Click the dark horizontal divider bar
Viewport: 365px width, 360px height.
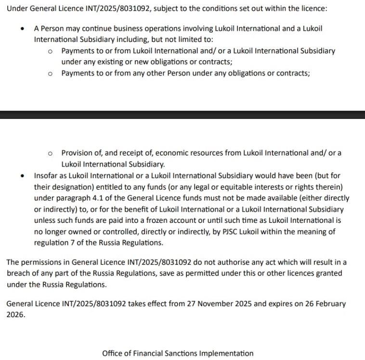pyautogui.click(x=182, y=115)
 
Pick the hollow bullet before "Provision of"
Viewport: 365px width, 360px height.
pyautogui.click(x=50, y=153)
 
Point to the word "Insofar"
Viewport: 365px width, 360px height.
pyautogui.click(x=46, y=176)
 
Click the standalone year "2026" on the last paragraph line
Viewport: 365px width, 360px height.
pyautogui.click(x=16, y=315)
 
